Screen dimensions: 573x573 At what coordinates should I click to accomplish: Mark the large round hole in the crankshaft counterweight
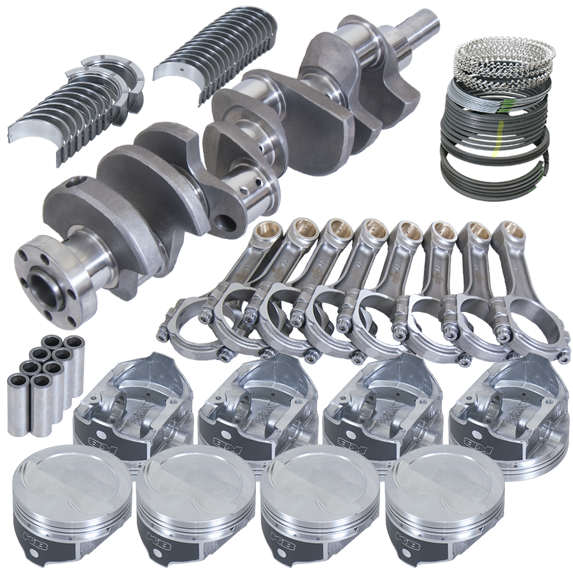[x=223, y=223]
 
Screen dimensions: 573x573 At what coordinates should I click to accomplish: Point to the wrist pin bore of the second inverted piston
[x=245, y=407]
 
